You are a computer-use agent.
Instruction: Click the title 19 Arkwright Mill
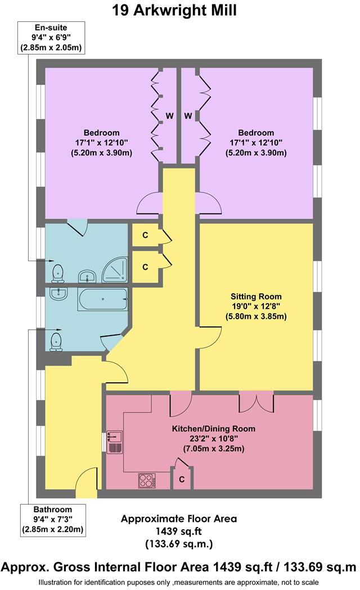pos(179,10)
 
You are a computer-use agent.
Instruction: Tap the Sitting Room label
pos(256,296)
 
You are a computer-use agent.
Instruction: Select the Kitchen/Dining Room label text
pos(213,428)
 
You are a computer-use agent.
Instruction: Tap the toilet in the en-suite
pos(58,272)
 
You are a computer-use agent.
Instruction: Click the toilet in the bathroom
pos(56,340)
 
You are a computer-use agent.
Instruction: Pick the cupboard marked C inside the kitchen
pos(182,479)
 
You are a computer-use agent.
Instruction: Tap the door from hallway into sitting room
pos(208,337)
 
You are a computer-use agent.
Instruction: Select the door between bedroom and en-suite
pos(77,227)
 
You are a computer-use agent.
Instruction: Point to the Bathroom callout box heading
pos(52,509)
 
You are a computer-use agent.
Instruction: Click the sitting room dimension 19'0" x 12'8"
pos(256,306)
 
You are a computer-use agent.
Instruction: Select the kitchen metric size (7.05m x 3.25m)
pos(213,449)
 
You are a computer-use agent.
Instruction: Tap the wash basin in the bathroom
pos(58,293)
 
